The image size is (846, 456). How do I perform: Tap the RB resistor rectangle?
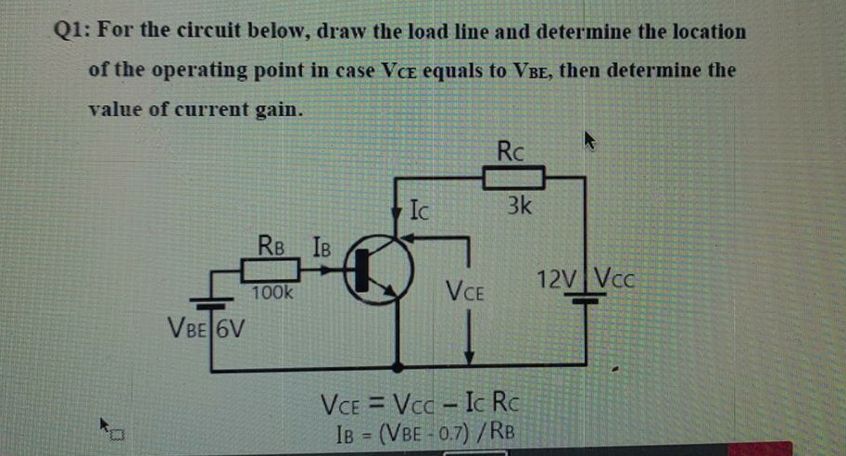pyautogui.click(x=270, y=271)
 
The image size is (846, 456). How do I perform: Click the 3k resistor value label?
pyautogui.click(x=519, y=207)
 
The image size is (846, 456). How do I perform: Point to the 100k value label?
pyautogui.click(x=271, y=293)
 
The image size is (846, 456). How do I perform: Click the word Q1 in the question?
pyautogui.click(x=69, y=31)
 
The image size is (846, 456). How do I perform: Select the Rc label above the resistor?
pyautogui.click(x=511, y=149)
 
